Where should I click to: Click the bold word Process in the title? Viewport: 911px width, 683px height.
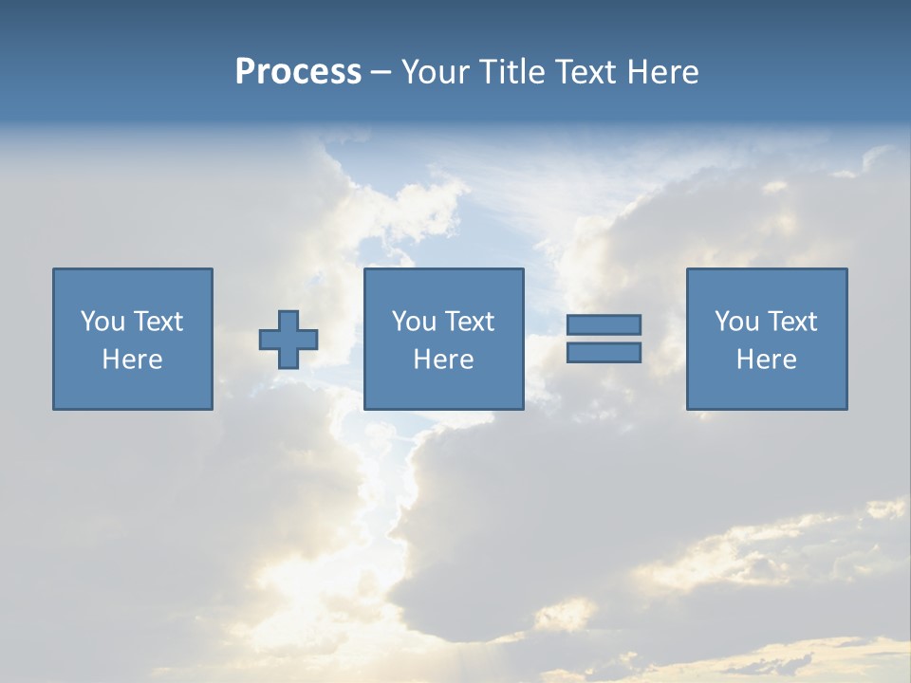(298, 72)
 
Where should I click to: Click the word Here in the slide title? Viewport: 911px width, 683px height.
(663, 72)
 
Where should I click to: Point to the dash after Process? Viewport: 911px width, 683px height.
(381, 72)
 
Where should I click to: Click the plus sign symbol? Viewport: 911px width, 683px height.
(288, 340)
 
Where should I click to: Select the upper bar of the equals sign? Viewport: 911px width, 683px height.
(604, 324)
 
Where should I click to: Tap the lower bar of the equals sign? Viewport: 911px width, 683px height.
(604, 353)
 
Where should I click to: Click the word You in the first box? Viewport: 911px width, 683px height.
(102, 322)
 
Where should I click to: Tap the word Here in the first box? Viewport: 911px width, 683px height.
(133, 360)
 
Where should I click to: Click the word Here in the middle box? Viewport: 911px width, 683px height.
(444, 360)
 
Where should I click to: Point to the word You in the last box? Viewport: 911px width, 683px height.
(736, 322)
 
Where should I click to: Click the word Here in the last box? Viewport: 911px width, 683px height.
(767, 360)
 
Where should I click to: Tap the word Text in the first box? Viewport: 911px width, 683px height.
(157, 322)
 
